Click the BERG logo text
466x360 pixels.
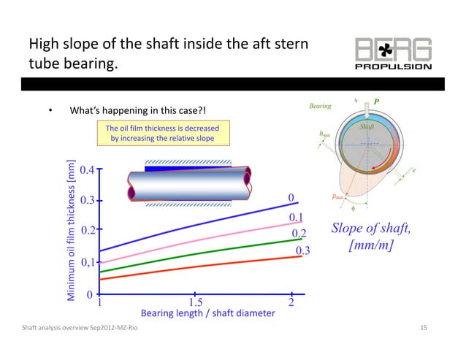[394, 50]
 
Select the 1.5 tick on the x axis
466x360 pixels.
[196, 302]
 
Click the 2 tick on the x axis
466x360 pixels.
[291, 302]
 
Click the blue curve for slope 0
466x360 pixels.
[197, 224]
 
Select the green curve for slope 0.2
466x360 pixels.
[197, 252]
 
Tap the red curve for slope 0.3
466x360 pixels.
[197, 267]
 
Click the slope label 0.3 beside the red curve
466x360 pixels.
[302, 251]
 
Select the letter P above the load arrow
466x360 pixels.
[377, 100]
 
